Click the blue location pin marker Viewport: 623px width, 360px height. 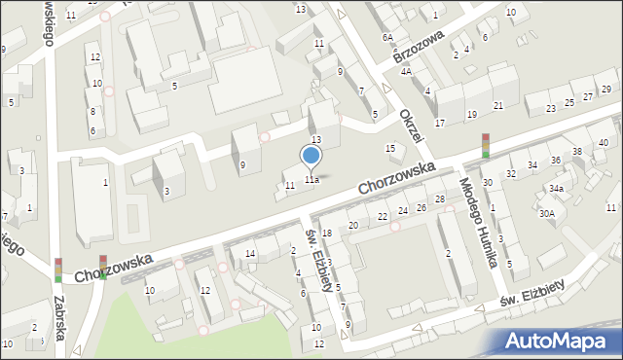311,156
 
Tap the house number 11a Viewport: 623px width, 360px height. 311,180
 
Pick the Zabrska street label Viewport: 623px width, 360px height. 59,318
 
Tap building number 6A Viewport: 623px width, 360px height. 387,37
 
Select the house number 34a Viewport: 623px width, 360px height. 556,188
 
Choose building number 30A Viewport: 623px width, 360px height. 547,213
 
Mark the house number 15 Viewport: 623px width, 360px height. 390,148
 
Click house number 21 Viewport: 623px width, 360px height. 498,105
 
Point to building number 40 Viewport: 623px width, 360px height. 604,143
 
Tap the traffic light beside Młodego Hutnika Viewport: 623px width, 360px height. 485,146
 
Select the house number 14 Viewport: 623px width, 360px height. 250,254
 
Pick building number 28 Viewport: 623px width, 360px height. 440,199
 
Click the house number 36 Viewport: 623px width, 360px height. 556,160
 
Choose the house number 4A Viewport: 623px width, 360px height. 406,71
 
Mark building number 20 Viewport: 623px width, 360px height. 352,226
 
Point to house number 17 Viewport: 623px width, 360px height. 440,124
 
